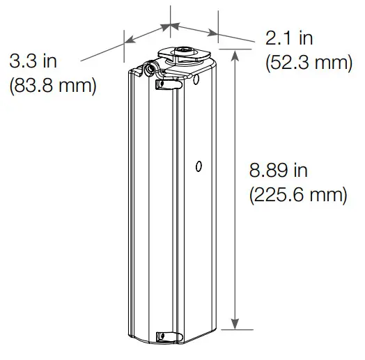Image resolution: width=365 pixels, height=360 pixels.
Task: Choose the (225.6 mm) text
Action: click(297, 194)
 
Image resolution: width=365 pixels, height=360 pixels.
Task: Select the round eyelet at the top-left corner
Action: click(149, 70)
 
